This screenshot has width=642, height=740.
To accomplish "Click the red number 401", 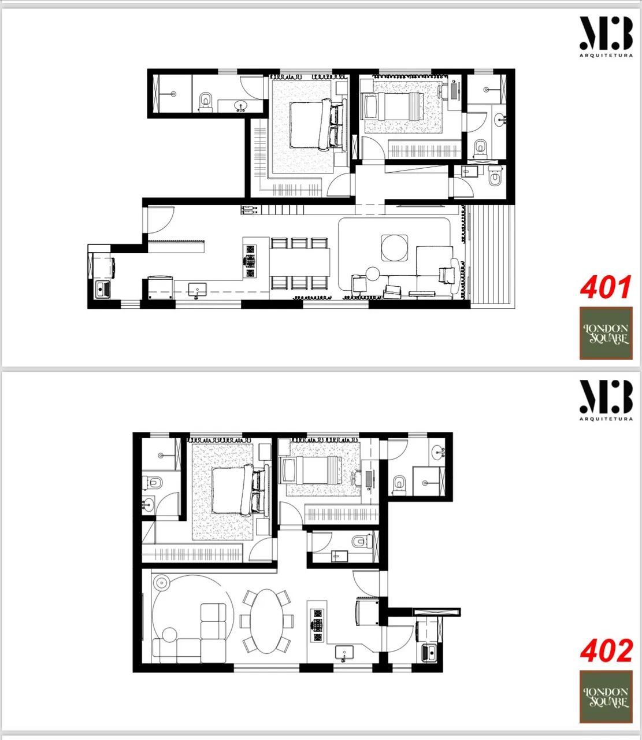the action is (x=606, y=287).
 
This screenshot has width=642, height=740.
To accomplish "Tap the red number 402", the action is (x=606, y=650).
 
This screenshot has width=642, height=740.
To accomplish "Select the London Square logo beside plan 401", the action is (x=606, y=333).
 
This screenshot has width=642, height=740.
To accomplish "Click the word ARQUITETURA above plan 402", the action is (x=606, y=419).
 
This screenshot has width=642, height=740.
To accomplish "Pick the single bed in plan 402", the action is (x=311, y=470).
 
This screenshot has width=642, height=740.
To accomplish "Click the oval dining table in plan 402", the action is (x=267, y=621).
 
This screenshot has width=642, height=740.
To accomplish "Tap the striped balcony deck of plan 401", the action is (x=492, y=257).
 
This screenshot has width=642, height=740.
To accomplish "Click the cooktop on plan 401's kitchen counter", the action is (x=250, y=261).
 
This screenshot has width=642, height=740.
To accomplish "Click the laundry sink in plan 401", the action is (x=103, y=289).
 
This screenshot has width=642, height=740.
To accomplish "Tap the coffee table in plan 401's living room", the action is (x=394, y=248).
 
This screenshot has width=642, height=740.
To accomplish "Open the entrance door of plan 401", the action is (x=161, y=220).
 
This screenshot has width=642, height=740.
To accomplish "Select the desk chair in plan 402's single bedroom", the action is (x=358, y=477).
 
